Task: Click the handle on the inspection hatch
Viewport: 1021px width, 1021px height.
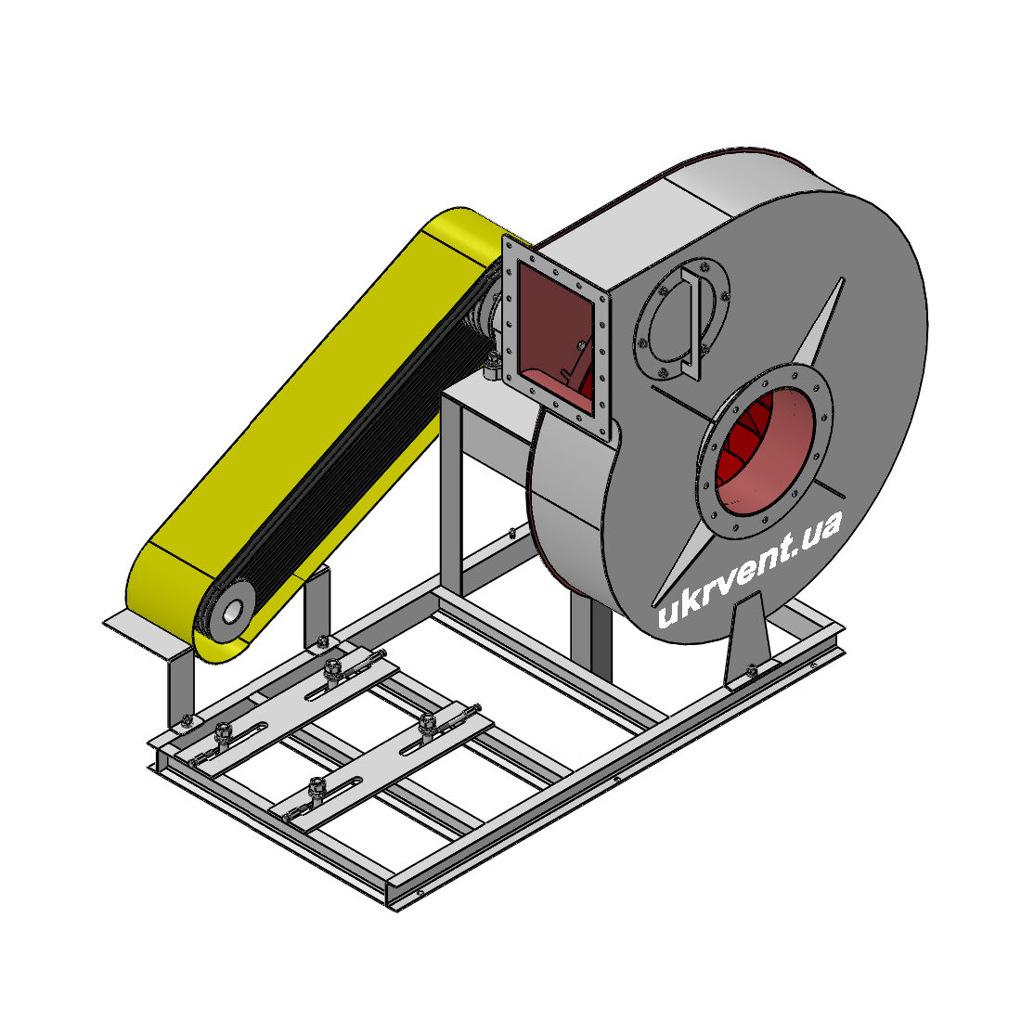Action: [691, 322]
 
